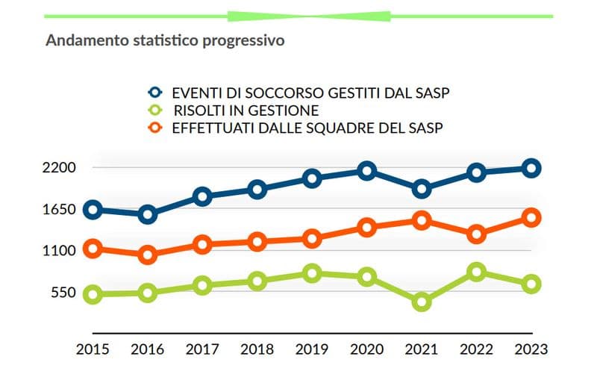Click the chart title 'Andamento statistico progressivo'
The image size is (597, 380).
pos(165,40)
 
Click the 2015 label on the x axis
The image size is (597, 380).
pos(93,349)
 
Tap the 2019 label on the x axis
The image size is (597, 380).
pos(312,349)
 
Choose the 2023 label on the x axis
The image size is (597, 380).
pos(531,349)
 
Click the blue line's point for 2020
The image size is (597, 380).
pos(366,171)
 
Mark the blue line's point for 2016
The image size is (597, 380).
pos(148,215)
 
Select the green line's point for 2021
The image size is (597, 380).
pos(422,302)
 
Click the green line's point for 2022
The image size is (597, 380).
pos(476,272)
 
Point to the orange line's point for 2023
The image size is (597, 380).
pos(531,217)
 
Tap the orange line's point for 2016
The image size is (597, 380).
pos(148,255)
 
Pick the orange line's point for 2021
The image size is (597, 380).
pos(422,220)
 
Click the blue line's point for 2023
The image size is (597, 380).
pos(531,168)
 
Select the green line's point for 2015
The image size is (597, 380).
pos(93,294)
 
